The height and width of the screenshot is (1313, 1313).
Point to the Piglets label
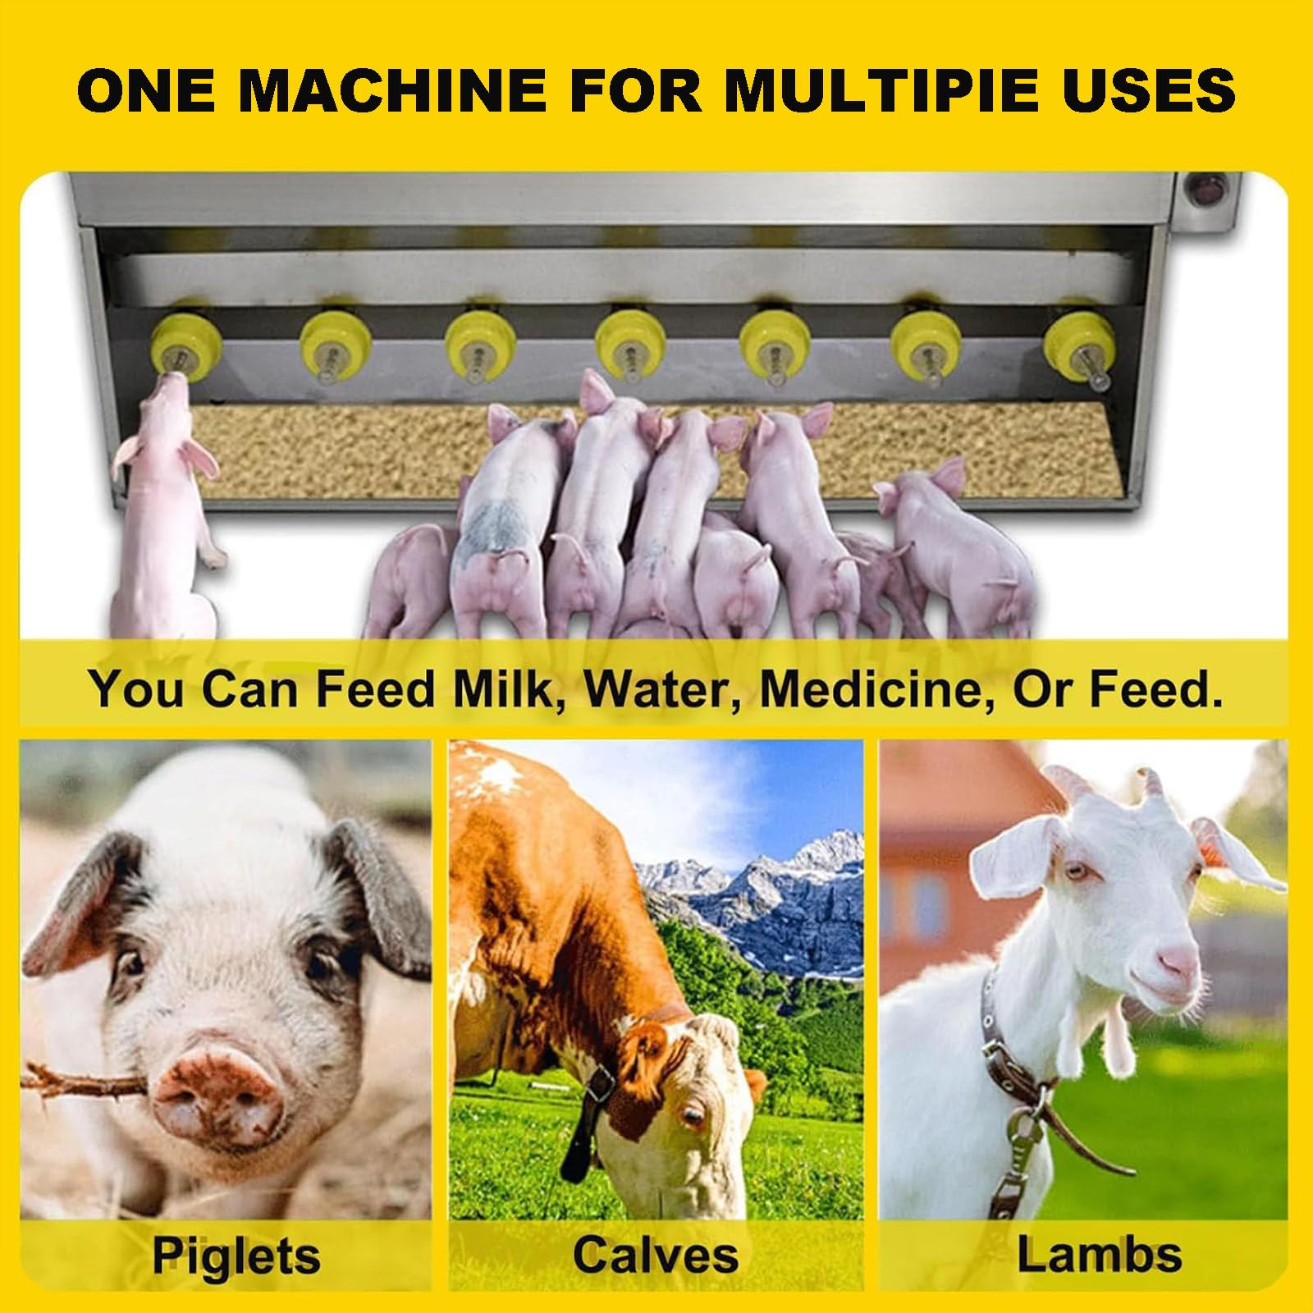(236, 1256)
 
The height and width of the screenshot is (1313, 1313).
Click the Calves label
(656, 1255)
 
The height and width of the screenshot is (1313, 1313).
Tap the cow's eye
(692, 1115)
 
